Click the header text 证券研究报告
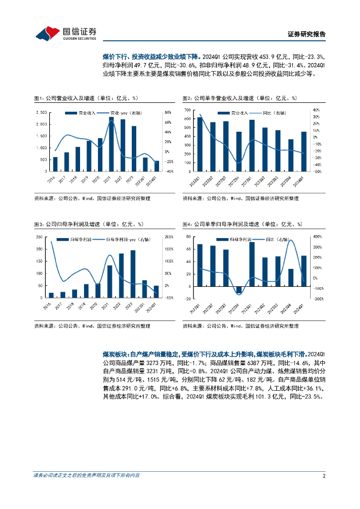pyautogui.click(x=307, y=35)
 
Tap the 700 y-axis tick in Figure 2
pyautogui.click(x=188, y=109)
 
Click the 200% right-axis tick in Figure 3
pyautogui.click(x=169, y=237)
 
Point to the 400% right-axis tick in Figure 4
pyautogui.click(x=317, y=237)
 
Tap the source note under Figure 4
pyautogui.click(x=241, y=326)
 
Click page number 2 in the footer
pyautogui.click(x=324, y=476)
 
